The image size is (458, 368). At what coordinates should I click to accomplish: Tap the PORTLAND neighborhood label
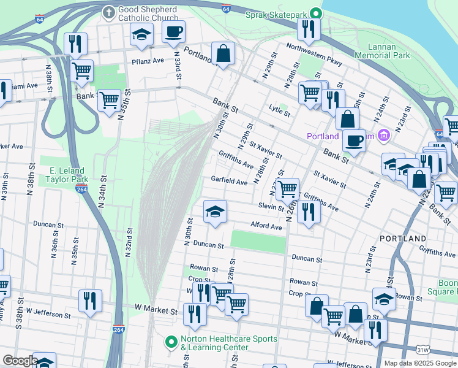[402, 238]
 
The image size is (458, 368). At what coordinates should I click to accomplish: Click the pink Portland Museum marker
[384, 136]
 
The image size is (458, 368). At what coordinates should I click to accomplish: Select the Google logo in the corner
[20, 361]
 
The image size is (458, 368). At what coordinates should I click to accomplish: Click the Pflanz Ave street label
[148, 61]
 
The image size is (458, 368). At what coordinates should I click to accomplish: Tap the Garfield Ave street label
[229, 182]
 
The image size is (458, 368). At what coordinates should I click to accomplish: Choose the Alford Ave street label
[266, 226]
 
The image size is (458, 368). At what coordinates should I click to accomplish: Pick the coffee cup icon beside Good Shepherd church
[173, 31]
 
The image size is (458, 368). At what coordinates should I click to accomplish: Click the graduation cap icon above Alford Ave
[215, 212]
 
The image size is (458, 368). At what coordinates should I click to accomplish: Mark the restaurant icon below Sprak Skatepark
[308, 29]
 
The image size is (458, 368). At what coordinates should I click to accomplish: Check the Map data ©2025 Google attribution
[419, 363]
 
